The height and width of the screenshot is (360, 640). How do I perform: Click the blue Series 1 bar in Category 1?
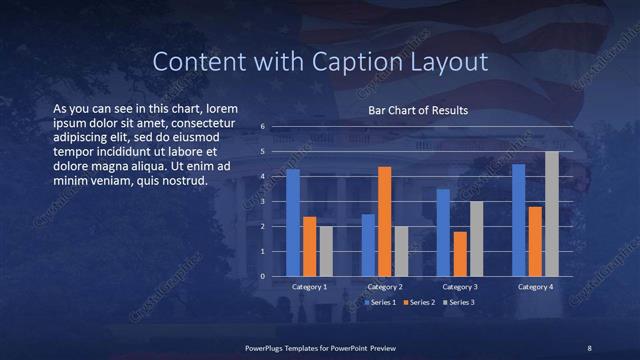point(293,222)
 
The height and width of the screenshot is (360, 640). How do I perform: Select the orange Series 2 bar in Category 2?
point(384,221)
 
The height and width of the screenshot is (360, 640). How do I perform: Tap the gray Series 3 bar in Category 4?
point(551,213)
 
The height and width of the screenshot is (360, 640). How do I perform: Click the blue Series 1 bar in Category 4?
point(518,220)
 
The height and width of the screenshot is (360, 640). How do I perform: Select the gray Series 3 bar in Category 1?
point(326,251)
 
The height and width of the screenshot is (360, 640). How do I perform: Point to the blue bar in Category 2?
point(368,245)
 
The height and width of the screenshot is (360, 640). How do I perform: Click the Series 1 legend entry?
point(380,301)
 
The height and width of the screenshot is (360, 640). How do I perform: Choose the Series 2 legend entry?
point(418,301)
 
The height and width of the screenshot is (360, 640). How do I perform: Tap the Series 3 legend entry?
point(458,301)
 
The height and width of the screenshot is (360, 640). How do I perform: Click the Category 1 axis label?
point(309,287)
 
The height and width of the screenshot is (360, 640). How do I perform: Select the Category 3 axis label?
point(459,287)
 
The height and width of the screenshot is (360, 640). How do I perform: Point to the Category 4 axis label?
point(535,287)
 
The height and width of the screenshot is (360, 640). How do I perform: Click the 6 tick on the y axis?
point(262,127)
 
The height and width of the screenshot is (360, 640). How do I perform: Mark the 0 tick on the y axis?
point(262,276)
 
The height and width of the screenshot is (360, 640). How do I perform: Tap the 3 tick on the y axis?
point(262,202)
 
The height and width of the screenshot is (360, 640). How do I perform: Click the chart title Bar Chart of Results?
point(418,110)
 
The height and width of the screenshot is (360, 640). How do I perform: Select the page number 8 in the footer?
point(589,347)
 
